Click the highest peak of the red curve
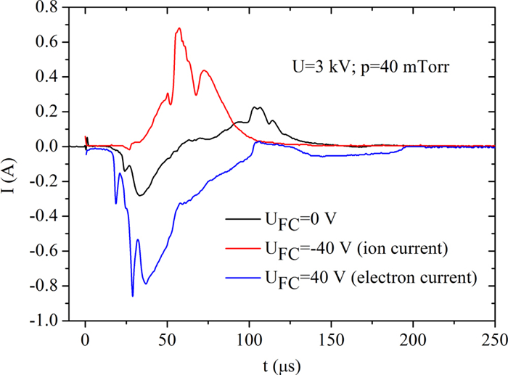(179, 28)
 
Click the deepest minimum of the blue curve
(133, 296)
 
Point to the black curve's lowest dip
(139, 196)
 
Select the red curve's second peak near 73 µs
(205, 70)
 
